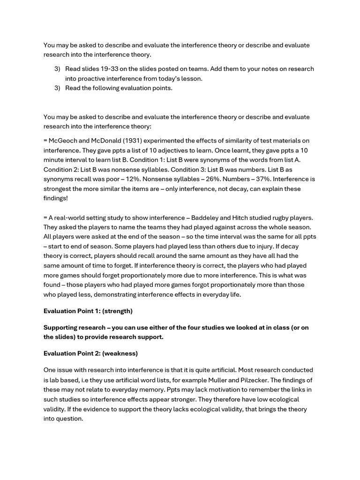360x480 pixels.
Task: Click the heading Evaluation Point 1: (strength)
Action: point(88,311)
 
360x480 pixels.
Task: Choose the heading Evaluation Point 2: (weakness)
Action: point(90,353)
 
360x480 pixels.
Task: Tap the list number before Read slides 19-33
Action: point(57,69)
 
